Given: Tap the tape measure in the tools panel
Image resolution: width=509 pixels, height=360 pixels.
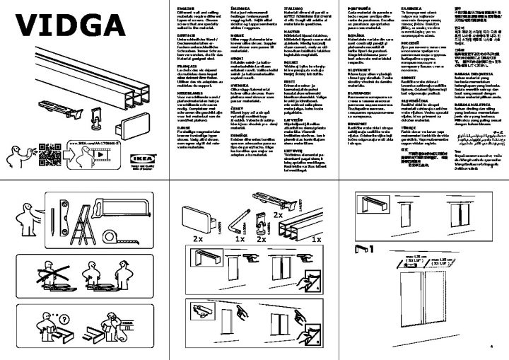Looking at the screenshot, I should pos(114,233).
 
